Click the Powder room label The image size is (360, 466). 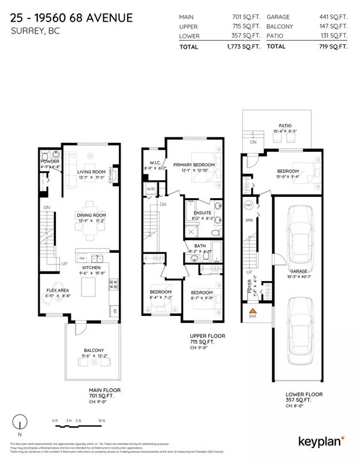(49, 161)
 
